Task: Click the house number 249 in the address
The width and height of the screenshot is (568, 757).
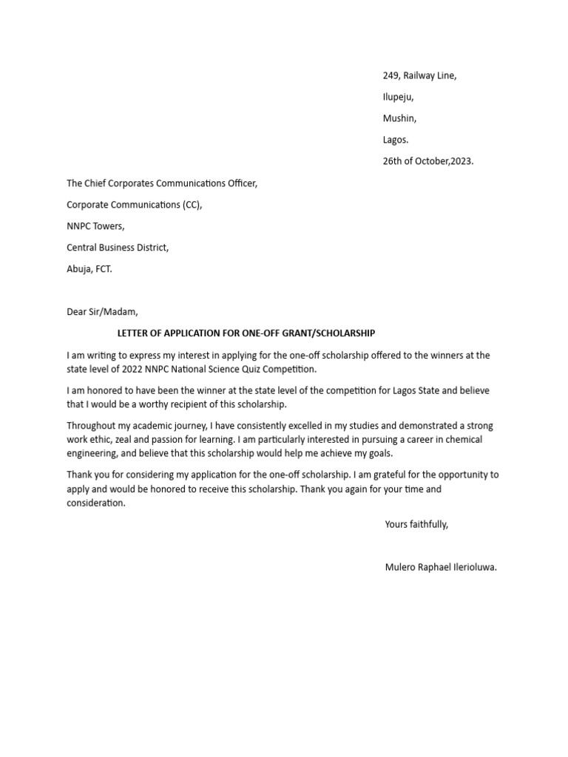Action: pos(391,75)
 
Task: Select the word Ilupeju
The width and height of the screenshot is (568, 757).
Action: pos(398,97)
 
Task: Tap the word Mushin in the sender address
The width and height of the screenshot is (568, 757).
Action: pos(399,118)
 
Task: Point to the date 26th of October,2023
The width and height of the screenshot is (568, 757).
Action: pos(427,161)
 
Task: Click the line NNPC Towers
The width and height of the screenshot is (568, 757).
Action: pos(95,226)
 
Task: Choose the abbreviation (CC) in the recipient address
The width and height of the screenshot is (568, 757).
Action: pos(192,205)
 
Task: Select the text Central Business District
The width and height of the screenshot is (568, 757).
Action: pos(118,248)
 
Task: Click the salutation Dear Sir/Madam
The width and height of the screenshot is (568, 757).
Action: pos(102,312)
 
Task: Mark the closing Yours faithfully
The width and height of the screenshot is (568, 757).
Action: pos(416,524)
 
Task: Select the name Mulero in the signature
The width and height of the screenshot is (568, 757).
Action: pos(402,568)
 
